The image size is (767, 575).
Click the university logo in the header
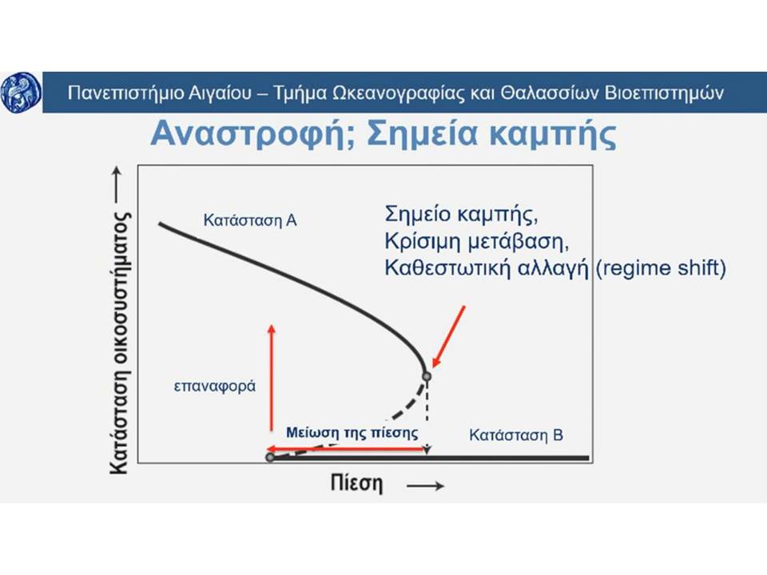pyautogui.click(x=21, y=93)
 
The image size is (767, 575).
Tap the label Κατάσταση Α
pyautogui.click(x=250, y=220)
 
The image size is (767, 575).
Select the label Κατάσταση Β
pyautogui.click(x=516, y=434)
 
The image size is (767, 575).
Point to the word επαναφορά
pyautogui.click(x=215, y=387)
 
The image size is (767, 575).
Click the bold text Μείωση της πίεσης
pyautogui.click(x=352, y=433)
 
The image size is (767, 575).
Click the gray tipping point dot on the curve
pyautogui.click(x=427, y=376)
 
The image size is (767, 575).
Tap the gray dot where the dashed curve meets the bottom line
pyautogui.click(x=270, y=457)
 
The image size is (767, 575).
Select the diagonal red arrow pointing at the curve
pyautogui.click(x=448, y=336)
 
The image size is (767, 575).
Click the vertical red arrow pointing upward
pyautogui.click(x=272, y=378)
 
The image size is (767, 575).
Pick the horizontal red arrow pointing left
pyautogui.click(x=346, y=449)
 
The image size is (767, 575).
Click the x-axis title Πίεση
pyautogui.click(x=356, y=483)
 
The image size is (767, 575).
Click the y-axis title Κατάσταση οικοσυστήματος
pyautogui.click(x=119, y=343)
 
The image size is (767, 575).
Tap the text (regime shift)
pyautogui.click(x=661, y=268)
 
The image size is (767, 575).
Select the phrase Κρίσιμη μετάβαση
pyautogui.click(x=477, y=241)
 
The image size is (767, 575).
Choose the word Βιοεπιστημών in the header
pyautogui.click(x=664, y=93)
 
